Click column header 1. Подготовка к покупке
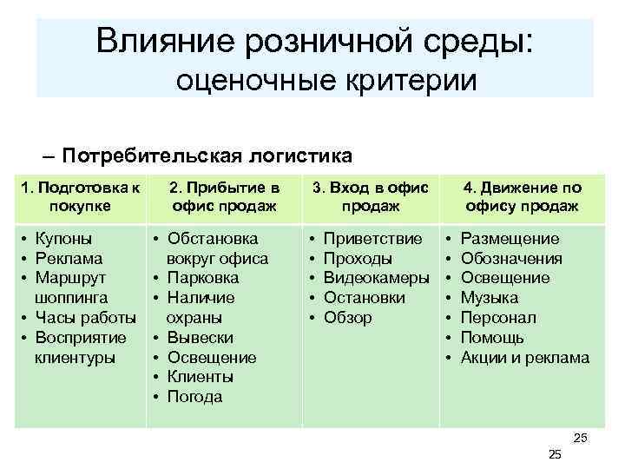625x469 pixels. point(80,196)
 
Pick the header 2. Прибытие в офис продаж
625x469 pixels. point(224,196)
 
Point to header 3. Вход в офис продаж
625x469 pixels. point(371,196)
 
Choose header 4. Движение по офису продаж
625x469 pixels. point(522,196)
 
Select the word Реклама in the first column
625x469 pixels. point(68,258)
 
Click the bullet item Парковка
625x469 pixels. point(203,278)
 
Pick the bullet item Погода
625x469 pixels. point(194,397)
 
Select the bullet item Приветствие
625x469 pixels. point(372,238)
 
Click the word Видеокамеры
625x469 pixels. point(376,278)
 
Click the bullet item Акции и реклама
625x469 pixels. point(524,358)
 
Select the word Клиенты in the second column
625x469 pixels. point(200,377)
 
